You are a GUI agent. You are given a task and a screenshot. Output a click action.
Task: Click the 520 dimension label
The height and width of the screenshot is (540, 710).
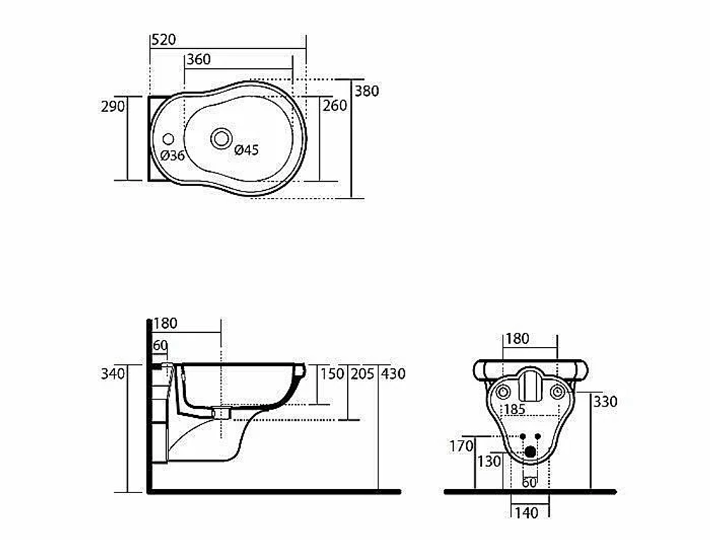point(163,40)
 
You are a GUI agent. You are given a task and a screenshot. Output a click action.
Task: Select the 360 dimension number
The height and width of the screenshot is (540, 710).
point(199,60)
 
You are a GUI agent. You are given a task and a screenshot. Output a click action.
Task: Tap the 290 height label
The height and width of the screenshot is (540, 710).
point(113,106)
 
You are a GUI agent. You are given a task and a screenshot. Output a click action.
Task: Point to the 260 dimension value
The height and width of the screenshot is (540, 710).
point(334,106)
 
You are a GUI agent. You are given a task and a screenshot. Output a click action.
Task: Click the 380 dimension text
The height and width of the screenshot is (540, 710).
point(366,91)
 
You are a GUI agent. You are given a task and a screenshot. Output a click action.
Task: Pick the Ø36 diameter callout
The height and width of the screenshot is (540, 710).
point(173,155)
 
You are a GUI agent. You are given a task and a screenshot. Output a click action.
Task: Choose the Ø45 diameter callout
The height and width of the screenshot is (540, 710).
point(246,150)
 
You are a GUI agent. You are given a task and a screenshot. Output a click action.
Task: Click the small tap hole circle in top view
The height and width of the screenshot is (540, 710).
point(168,139)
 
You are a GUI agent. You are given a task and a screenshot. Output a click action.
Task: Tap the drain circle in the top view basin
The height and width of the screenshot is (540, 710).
point(222,138)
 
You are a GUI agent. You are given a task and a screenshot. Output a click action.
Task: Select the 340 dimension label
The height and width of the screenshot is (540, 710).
point(113,374)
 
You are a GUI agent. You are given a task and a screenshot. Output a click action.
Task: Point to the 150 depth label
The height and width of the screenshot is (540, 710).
point(332,374)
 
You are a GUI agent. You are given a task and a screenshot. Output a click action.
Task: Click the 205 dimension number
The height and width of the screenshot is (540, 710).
point(362,374)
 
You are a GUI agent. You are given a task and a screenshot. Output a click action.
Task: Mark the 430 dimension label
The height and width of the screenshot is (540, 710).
point(393,374)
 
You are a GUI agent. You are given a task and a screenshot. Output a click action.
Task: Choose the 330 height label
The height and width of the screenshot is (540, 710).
point(605,402)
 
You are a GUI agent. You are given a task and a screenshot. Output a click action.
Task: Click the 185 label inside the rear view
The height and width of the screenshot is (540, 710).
point(515,409)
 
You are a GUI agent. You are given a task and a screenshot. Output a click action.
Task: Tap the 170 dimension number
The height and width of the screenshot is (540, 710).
point(461,446)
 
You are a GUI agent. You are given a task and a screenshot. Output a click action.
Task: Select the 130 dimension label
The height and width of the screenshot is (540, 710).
point(489,462)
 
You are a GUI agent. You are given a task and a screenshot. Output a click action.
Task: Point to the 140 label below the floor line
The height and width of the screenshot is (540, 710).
point(527,513)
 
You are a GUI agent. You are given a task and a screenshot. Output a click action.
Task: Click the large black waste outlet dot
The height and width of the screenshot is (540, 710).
point(530,451)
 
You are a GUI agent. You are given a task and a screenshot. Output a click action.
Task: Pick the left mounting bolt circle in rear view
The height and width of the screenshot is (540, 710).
point(503,392)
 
